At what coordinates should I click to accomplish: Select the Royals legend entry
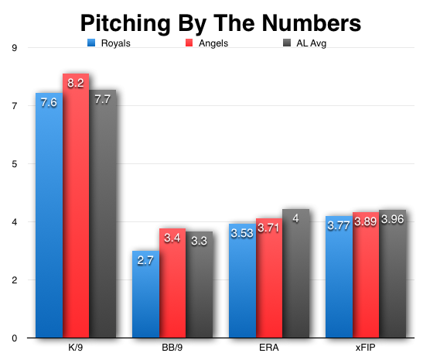(108, 43)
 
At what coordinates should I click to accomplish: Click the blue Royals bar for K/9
(49, 217)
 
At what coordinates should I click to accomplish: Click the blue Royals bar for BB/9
(145, 294)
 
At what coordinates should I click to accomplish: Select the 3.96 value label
(393, 217)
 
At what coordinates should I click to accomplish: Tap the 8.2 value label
(76, 82)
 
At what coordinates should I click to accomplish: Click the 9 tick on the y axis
(15, 47)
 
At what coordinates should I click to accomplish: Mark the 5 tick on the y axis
(15, 163)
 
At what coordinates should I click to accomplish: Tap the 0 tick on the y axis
(15, 338)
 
